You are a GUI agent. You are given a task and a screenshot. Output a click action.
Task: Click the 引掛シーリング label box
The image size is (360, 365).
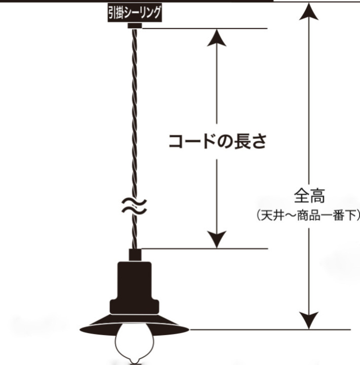coord(134,13)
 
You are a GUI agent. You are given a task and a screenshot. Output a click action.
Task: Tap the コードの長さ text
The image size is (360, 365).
coord(218,141)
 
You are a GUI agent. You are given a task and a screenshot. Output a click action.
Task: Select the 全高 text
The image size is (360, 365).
coord(309,196)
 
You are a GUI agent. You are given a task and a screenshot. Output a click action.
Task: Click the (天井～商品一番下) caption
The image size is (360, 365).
coord(309,215)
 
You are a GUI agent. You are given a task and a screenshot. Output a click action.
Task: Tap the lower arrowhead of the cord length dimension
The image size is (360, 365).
coord(217,239)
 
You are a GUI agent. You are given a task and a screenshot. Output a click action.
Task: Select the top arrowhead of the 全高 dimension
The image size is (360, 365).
coord(309,11)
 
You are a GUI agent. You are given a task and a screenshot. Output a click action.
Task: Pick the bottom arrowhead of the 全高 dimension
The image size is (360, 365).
coord(309,320)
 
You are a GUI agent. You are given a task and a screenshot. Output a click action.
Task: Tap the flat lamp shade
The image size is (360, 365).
coord(134,325)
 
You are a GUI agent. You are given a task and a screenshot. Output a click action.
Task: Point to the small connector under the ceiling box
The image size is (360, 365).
coord(134,25)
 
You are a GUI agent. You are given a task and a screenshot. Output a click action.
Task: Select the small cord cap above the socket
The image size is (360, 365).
coord(135,255)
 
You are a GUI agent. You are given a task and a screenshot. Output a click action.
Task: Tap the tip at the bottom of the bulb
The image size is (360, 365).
coord(134,362)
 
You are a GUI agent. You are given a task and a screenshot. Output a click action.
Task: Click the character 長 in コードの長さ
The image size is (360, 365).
coord(243,141)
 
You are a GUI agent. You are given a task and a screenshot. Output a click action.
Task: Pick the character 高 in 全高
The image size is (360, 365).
coord(317,196)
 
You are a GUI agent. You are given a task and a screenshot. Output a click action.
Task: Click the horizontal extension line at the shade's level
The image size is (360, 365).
coord(270,330)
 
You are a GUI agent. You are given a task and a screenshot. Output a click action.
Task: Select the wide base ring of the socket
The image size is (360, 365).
coord(134,307)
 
